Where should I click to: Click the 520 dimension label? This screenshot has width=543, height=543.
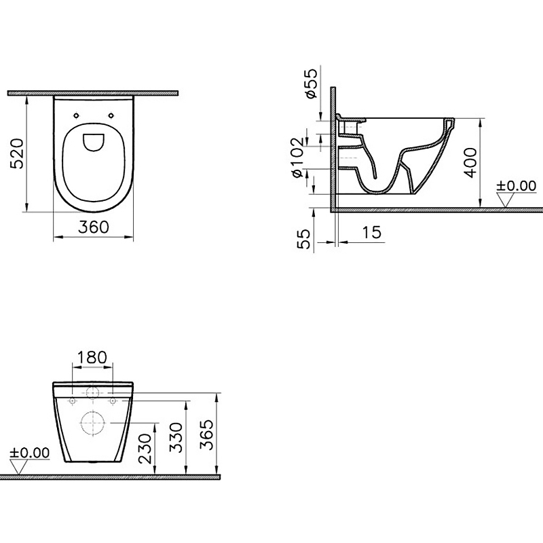click(18, 153)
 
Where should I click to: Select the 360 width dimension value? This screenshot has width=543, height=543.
click(94, 227)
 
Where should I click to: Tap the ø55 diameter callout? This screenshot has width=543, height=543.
click(310, 83)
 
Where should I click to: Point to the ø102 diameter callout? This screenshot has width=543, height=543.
click(297, 157)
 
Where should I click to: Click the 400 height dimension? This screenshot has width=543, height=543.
click(470, 163)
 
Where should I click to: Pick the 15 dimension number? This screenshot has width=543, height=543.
click(372, 232)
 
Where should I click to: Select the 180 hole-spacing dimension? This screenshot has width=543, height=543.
click(92, 358)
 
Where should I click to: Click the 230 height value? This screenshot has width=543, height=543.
click(145, 449)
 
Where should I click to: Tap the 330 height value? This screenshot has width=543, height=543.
click(176, 437)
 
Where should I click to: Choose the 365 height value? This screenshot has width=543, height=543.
click(207, 434)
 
